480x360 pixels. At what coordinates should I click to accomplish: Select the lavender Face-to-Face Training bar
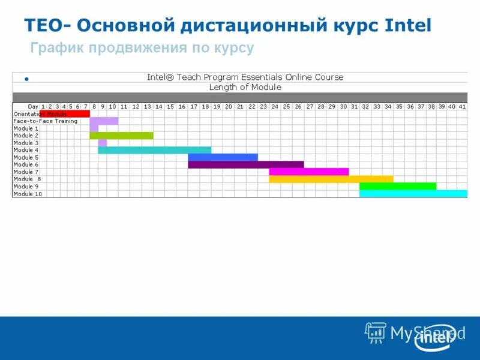pos(104,121)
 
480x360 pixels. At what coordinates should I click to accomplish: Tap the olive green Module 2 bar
pos(121,136)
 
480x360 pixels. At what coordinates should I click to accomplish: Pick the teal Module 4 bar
pos(155,150)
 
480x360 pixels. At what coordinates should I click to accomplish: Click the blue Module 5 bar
pos(223,157)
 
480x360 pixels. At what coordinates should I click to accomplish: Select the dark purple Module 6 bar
pos(245,164)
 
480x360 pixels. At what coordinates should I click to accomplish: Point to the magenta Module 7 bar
pos(308,172)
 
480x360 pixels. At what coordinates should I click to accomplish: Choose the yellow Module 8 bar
pos(331,179)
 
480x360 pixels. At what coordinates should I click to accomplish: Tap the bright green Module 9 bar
pos(397,186)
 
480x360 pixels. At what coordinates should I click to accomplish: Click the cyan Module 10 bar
pos(413,193)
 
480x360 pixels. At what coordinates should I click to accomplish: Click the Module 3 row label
pos(26,143)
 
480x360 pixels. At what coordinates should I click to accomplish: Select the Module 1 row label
pos(26,128)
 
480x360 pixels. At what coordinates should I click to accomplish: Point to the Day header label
pos(33,106)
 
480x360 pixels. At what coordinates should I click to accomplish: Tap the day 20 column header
pos(228,106)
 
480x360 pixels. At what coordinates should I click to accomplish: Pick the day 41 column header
pos(462,106)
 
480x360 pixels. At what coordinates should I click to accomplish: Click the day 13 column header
pos(147,106)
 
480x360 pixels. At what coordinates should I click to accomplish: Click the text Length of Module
pos(245,87)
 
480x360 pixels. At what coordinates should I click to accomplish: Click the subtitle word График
pos(58,48)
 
